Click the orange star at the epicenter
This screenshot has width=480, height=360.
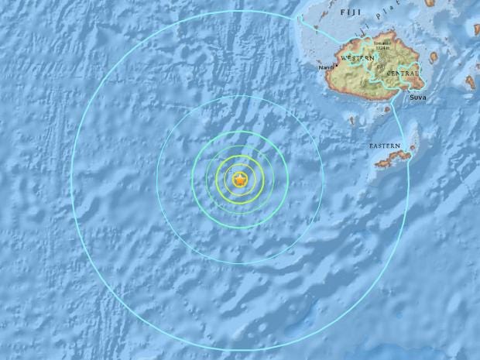click(x=241, y=180)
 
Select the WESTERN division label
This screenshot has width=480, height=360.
click(x=357, y=59)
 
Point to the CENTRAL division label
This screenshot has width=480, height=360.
click(x=403, y=74)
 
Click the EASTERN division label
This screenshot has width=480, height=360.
click(x=384, y=146)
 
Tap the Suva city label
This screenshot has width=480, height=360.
click(x=417, y=98)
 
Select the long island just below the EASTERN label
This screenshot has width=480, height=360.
click(x=393, y=158)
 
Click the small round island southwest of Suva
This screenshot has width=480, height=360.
click(x=353, y=120)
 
